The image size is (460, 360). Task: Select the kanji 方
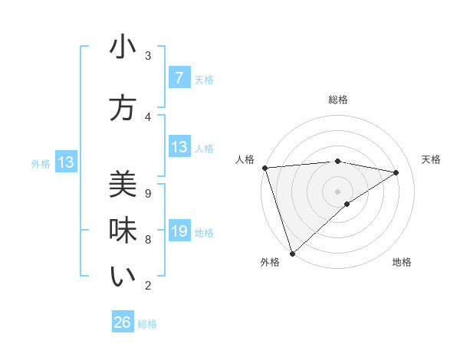click(123, 109)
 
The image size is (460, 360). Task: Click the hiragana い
click(123, 277)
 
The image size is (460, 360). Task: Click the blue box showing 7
click(179, 77)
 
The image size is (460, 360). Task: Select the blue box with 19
click(179, 232)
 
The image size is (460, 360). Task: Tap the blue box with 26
click(123, 322)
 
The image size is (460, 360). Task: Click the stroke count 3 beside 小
click(148, 56)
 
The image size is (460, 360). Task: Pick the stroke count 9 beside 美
click(148, 194)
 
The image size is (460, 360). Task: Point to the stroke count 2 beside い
click(148, 286)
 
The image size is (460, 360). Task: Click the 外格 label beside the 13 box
click(41, 163)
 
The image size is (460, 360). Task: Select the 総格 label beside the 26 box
click(147, 324)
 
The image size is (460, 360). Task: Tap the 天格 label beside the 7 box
click(204, 79)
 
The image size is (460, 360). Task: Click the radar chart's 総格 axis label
click(338, 100)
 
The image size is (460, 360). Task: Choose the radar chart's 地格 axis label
click(402, 262)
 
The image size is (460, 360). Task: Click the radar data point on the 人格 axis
click(264, 167)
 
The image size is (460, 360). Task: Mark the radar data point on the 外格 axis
click(291, 253)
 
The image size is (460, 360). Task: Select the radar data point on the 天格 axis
click(396, 172)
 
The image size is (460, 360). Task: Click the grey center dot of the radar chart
click(337, 190)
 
